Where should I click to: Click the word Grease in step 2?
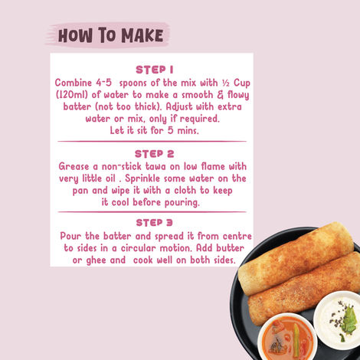(x=77, y=165)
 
